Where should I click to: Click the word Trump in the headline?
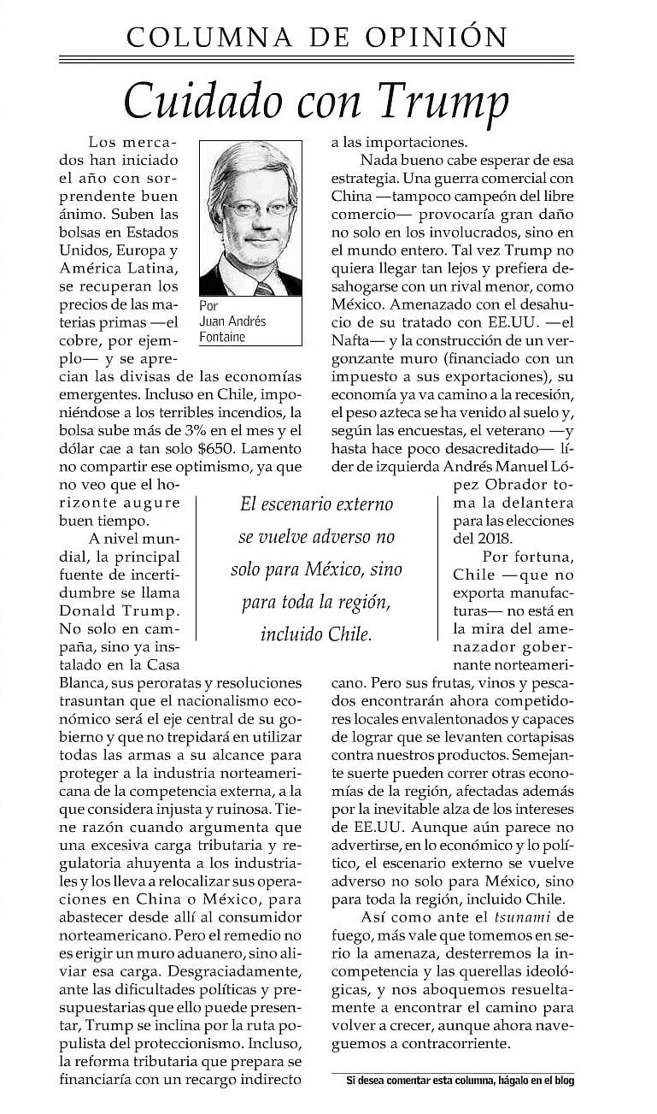[x=443, y=101]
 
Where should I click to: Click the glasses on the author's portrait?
[x=252, y=209]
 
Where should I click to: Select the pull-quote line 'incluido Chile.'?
[x=317, y=634]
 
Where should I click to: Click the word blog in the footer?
[x=563, y=1081]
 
